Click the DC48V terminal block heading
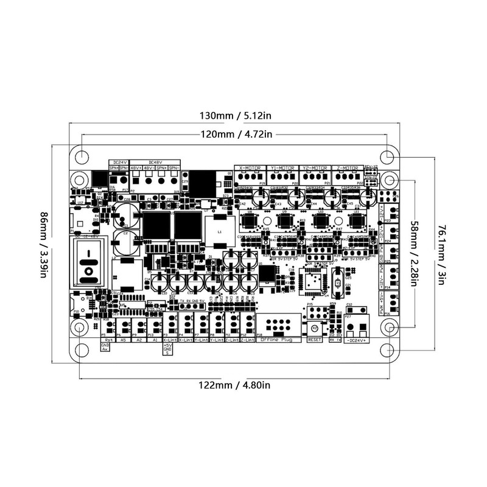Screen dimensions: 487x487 click(x=155, y=161)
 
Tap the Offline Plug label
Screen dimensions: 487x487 click(x=276, y=339)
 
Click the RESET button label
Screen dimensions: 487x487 click(x=315, y=340)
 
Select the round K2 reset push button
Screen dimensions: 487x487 click(x=315, y=328)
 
